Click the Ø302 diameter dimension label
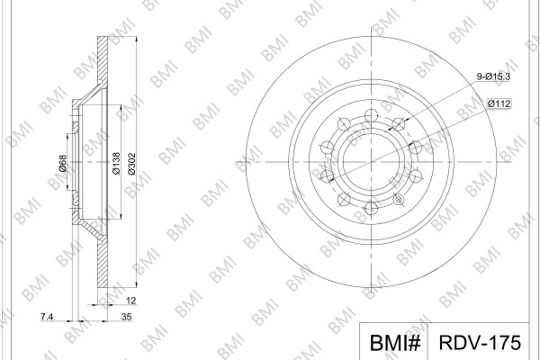(x=132, y=164)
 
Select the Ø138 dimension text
(x=116, y=163)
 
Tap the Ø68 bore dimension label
(x=62, y=163)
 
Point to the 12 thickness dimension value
(x=130, y=301)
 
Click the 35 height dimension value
(x=126, y=316)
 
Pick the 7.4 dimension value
(x=47, y=316)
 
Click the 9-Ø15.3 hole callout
(x=493, y=76)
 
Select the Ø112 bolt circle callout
(x=499, y=103)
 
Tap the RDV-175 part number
(x=480, y=342)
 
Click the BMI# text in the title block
(x=395, y=342)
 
